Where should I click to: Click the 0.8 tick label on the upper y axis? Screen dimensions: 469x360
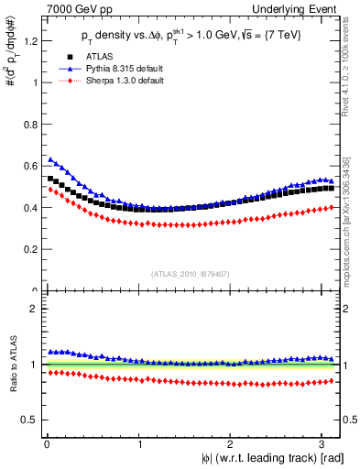(32, 124)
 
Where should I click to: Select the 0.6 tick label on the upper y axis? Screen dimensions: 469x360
(32, 166)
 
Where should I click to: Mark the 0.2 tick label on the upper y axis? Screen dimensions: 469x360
(32, 249)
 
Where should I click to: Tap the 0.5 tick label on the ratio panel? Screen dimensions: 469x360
(32, 420)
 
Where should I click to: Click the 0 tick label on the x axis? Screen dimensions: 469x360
(47, 444)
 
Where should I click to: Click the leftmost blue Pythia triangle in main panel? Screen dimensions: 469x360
(50, 158)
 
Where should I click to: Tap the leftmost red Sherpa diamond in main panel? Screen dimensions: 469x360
(50, 190)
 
